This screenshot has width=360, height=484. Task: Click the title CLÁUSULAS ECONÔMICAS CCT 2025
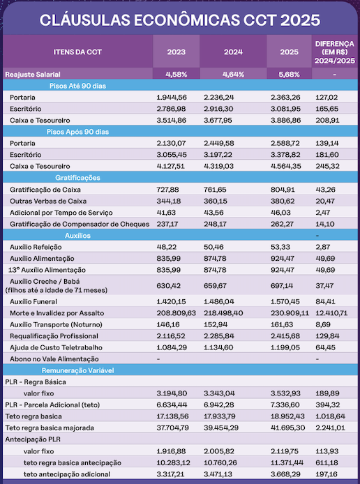pyautogui.click(x=180, y=20)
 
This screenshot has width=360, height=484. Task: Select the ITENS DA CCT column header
pyautogui.click(x=77, y=52)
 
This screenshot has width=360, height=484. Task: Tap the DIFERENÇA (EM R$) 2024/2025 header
pyautogui.click(x=335, y=52)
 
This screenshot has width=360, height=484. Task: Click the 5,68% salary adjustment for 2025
pyautogui.click(x=290, y=75)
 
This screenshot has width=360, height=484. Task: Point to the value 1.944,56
pyautogui.click(x=172, y=97)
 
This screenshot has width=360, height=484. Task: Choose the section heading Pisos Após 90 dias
pyautogui.click(x=77, y=132)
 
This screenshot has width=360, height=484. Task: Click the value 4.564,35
pyautogui.click(x=286, y=166)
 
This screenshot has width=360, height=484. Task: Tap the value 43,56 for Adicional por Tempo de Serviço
pyautogui.click(x=213, y=213)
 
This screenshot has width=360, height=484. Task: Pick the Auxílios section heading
pyautogui.click(x=78, y=236)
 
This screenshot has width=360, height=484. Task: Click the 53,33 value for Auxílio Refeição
pyautogui.click(x=280, y=247)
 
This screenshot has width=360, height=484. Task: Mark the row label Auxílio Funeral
pyautogui.click(x=33, y=301)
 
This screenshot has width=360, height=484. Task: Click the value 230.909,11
pyautogui.click(x=290, y=313)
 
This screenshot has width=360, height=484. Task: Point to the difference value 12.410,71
pyautogui.click(x=331, y=313)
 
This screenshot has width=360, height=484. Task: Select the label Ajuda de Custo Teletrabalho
pyautogui.click(x=56, y=347)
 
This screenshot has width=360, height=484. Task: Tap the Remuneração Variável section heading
pyautogui.click(x=78, y=370)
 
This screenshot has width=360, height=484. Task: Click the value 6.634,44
pyautogui.click(x=172, y=405)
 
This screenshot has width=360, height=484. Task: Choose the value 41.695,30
pyautogui.click(x=287, y=428)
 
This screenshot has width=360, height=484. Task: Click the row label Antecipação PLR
pyautogui.click(x=33, y=439)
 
